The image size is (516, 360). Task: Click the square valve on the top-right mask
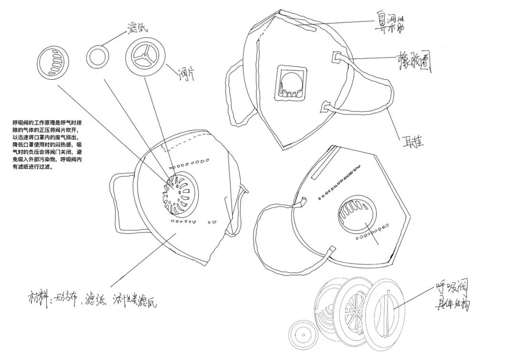coord(290,83)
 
